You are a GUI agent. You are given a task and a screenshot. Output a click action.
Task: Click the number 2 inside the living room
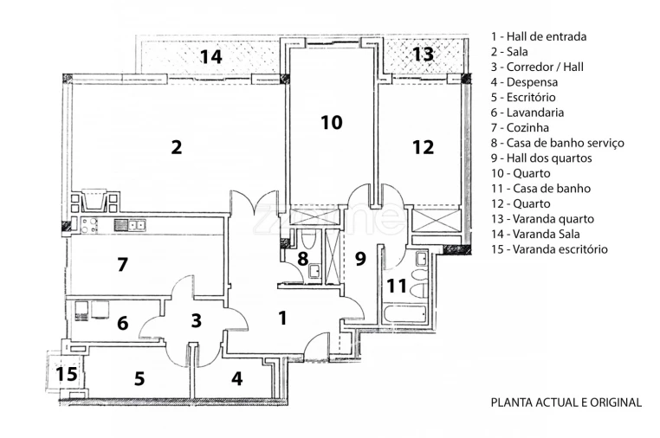pyautogui.click(x=177, y=147)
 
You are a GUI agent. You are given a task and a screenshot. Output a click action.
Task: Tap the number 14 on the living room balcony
pyautogui.click(x=210, y=57)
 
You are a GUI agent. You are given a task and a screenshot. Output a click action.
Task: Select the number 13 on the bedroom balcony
pyautogui.click(x=423, y=55)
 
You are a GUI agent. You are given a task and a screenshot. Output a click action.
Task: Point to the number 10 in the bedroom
pyautogui.click(x=331, y=123)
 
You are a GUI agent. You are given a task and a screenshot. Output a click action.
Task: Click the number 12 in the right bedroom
pyautogui.click(x=423, y=147)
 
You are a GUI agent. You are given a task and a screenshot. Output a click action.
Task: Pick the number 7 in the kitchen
pyautogui.click(x=122, y=265)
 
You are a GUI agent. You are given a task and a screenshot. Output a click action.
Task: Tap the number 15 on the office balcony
pyautogui.click(x=66, y=375)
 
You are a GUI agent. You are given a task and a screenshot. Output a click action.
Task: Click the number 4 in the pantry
pyautogui.click(x=236, y=378)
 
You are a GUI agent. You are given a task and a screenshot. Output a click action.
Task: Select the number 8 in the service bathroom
pyautogui.click(x=302, y=258)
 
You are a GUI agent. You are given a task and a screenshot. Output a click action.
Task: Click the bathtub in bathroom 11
pyautogui.click(x=404, y=312)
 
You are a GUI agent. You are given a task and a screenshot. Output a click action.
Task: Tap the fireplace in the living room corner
pyautogui.click(x=94, y=201)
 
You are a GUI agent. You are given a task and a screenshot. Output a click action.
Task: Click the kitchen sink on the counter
pyautogui.click(x=126, y=225)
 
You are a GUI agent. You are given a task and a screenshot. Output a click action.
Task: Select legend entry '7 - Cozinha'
pyautogui.click(x=525, y=127)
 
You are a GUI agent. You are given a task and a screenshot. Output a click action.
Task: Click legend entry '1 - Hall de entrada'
pyautogui.click(x=538, y=36)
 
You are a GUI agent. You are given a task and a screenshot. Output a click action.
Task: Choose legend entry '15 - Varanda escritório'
pyautogui.click(x=548, y=249)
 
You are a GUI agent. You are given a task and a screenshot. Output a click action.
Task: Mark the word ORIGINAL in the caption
pyautogui.click(x=615, y=403)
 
